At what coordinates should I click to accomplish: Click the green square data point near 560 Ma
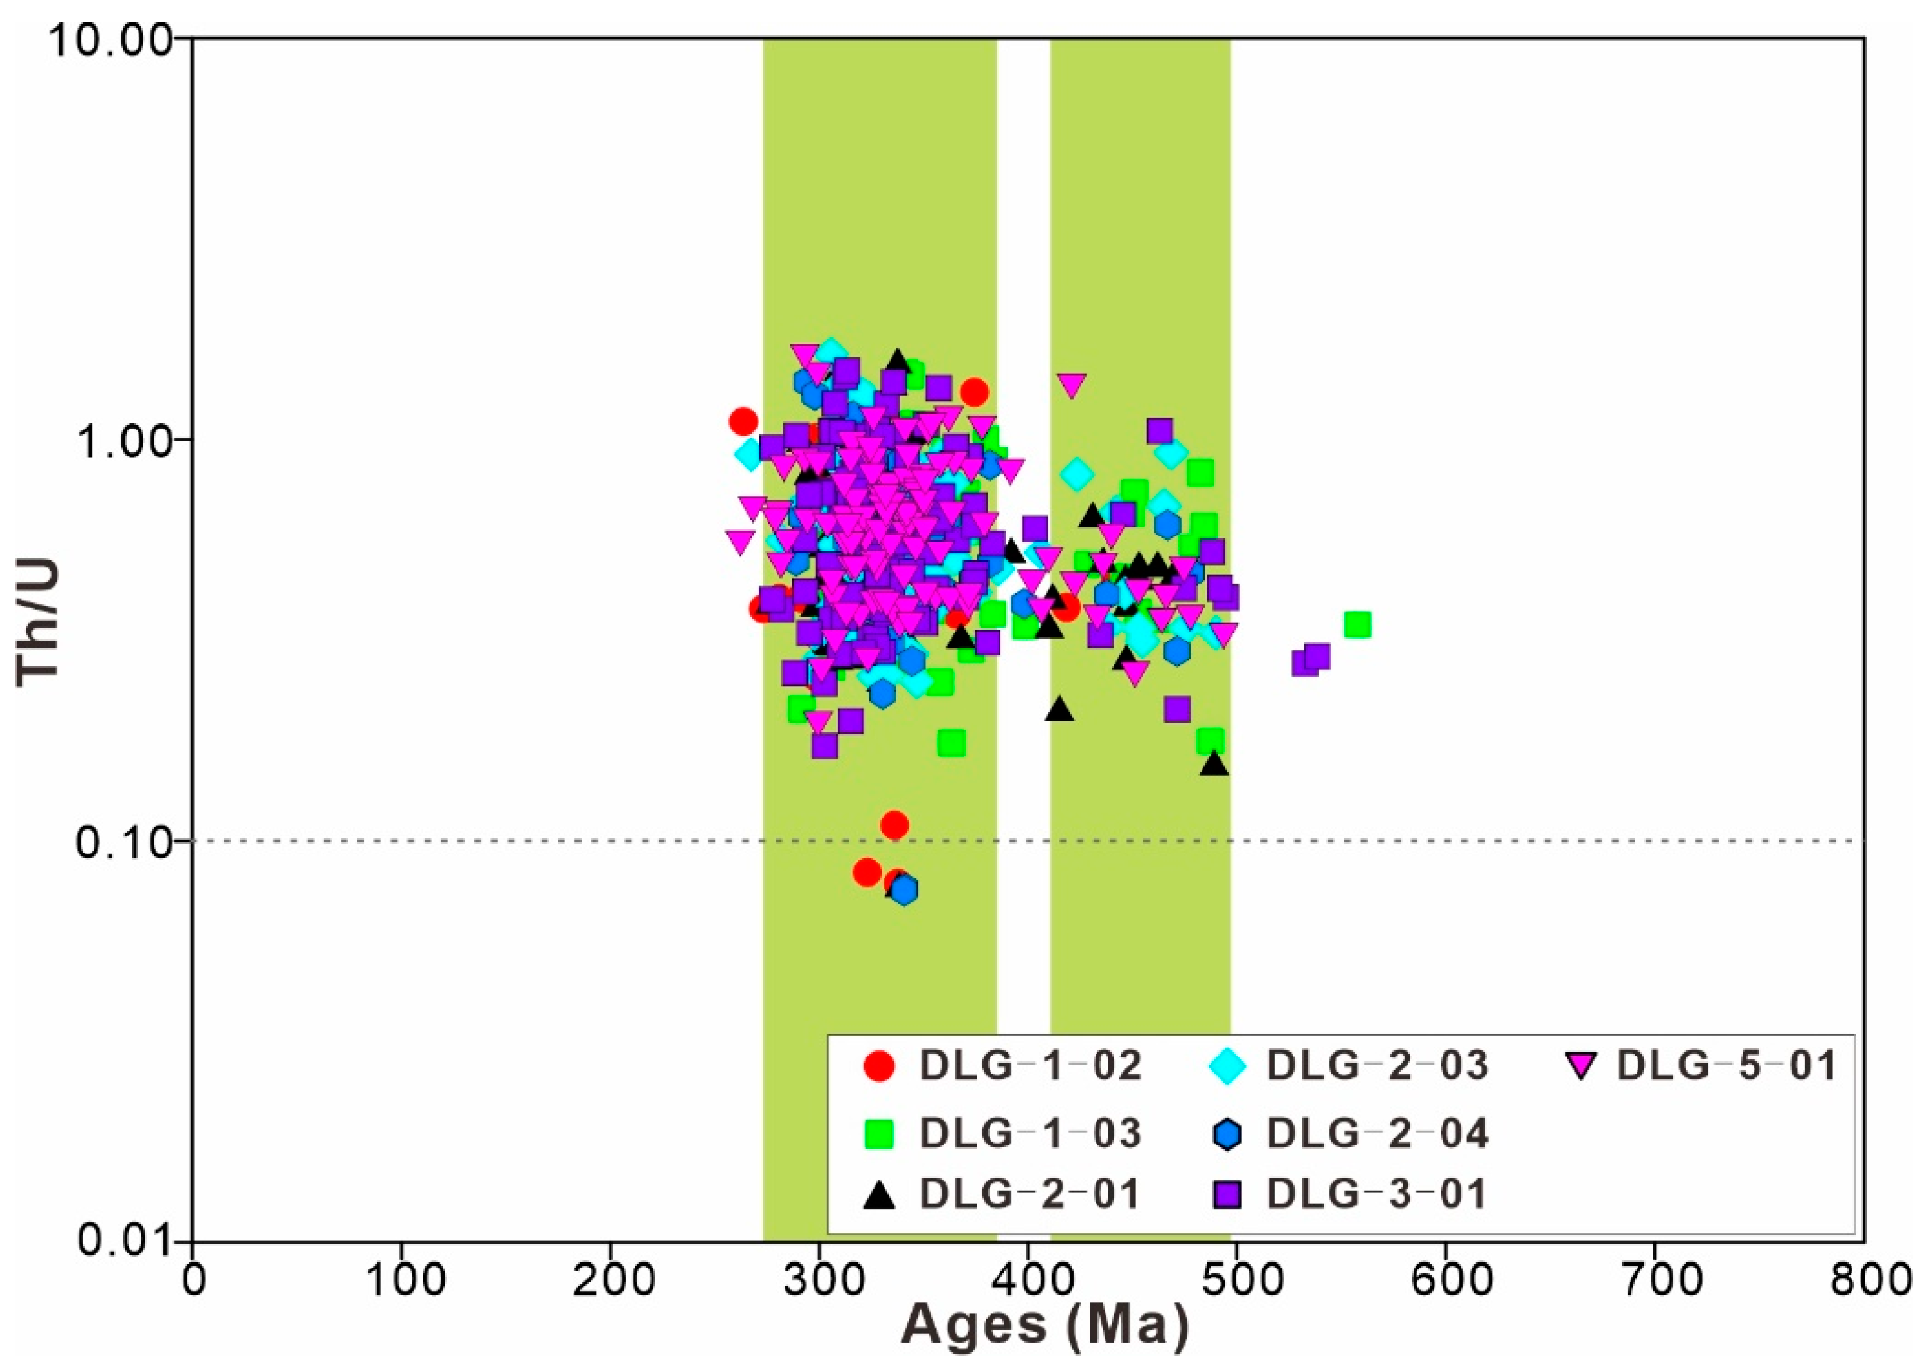[x=1357, y=624]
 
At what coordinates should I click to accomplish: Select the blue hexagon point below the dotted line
[x=905, y=890]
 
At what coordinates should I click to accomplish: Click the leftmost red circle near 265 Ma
[x=743, y=420]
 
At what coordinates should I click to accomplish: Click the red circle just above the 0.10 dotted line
[x=894, y=825]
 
